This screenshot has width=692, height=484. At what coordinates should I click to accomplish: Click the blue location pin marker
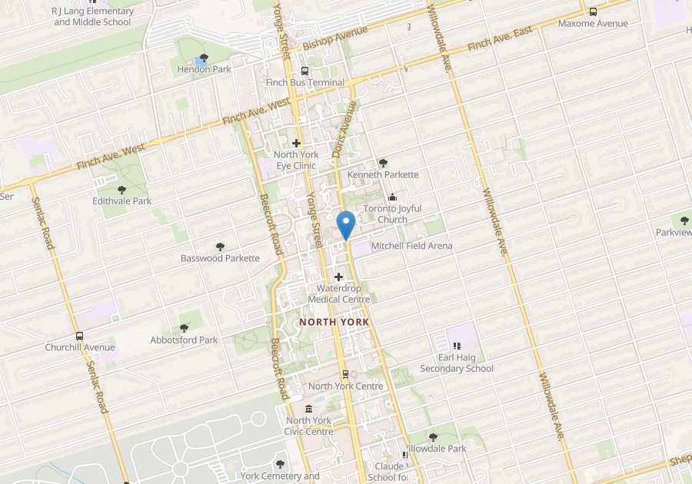point(346,224)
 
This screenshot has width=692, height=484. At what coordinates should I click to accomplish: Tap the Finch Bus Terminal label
point(305,82)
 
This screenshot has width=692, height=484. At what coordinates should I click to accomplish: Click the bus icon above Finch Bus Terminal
point(305,71)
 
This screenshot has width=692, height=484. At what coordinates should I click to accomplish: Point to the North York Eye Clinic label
point(296,161)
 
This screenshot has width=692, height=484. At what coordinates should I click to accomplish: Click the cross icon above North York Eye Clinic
point(296,143)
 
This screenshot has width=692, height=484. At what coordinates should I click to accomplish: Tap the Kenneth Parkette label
point(383,174)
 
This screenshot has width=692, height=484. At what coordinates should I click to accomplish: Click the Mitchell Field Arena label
point(411,246)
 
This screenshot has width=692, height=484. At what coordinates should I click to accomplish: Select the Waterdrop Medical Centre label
point(338,293)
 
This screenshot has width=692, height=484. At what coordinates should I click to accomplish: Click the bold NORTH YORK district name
point(334,322)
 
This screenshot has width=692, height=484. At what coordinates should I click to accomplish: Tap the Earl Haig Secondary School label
point(457,363)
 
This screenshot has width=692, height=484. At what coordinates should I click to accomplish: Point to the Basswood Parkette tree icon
point(220,247)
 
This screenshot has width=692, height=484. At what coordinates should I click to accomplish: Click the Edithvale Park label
point(121,201)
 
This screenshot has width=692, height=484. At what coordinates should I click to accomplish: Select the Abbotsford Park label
point(185,340)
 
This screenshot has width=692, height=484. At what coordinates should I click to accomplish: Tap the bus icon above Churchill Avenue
point(79,336)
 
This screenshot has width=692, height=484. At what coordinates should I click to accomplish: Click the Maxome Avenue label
point(593,23)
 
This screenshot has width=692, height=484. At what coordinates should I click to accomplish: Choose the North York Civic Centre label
point(309,426)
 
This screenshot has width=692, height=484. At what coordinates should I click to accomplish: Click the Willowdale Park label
point(434,448)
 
